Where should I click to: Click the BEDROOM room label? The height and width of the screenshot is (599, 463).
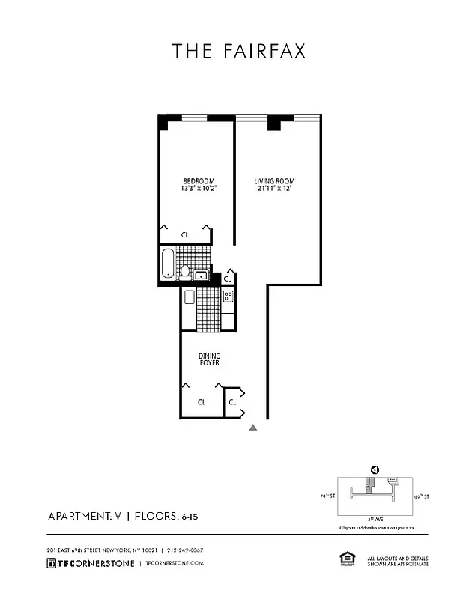click(199, 181)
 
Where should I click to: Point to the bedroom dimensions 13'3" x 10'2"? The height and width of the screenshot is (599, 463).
click(199, 189)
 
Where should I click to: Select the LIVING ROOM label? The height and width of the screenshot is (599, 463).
click(275, 181)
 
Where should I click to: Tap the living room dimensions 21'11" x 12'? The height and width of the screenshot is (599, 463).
click(275, 189)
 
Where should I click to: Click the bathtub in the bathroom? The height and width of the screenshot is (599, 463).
click(169, 263)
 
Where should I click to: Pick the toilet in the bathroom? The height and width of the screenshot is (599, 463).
click(185, 271)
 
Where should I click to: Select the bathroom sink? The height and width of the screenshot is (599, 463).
click(201, 275)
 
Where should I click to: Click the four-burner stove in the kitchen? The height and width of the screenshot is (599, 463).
click(228, 295)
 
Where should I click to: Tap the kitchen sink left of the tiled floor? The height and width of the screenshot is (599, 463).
click(189, 297)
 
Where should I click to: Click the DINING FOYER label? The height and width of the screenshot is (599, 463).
click(209, 359)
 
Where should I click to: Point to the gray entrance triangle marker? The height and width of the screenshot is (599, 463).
click(253, 428)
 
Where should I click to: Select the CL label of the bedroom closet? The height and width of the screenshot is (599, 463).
click(185, 235)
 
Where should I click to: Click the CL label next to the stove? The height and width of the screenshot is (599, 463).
click(228, 279)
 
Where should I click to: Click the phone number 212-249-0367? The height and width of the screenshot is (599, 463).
click(185, 550)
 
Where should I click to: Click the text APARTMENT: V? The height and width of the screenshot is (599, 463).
click(84, 516)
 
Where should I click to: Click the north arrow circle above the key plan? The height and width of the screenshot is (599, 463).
click(374, 469)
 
